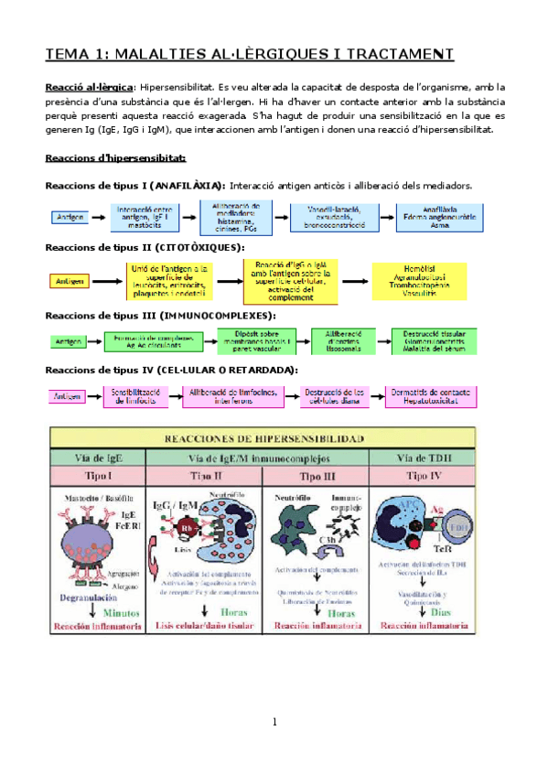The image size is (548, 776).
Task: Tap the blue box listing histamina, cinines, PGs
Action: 235,217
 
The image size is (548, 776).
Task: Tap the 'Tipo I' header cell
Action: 98,477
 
